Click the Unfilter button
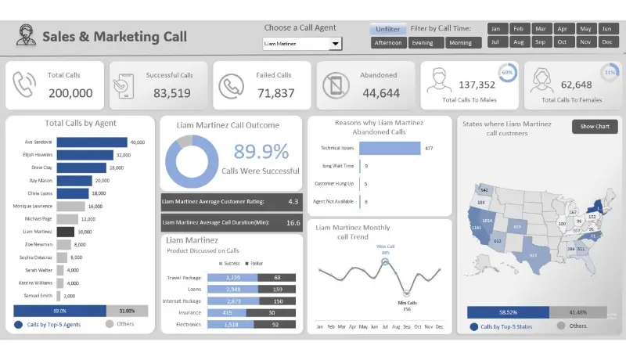coord(387,29)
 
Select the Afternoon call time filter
coord(388,43)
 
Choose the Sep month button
coord(539,42)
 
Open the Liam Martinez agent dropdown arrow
coord(336,44)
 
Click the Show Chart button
coord(595,126)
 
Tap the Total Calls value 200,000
coord(70,93)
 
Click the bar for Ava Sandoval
coord(92,142)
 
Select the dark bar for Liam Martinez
coord(66,232)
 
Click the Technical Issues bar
coord(389,148)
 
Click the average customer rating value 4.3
coord(293,201)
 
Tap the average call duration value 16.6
coord(293,222)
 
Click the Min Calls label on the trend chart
coord(407,302)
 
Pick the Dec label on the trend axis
coord(439,326)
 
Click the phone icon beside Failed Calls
coord(230,86)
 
